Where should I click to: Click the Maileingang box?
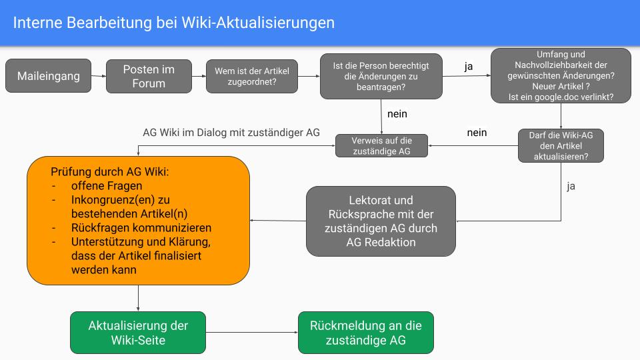click(x=48, y=76)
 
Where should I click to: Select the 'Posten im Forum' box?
click(x=149, y=76)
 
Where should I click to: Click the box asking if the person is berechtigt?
click(x=381, y=76)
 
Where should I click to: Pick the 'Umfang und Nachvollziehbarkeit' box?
click(x=561, y=76)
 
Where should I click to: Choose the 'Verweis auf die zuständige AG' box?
click(x=381, y=146)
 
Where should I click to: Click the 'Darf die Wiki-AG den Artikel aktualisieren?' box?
click(x=561, y=145)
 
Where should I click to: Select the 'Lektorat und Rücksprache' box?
click(x=381, y=221)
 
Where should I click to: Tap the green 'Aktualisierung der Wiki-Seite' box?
click(x=138, y=333)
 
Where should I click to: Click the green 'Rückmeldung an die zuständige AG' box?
click(x=365, y=333)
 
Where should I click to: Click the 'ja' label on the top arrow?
click(x=469, y=67)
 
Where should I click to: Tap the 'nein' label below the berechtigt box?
click(x=397, y=114)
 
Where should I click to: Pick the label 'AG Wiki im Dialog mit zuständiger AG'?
click(x=231, y=132)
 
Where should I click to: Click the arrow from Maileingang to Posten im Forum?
click(x=98, y=76)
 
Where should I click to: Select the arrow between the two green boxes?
click(x=252, y=333)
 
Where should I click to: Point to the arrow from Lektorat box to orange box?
click(x=278, y=221)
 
